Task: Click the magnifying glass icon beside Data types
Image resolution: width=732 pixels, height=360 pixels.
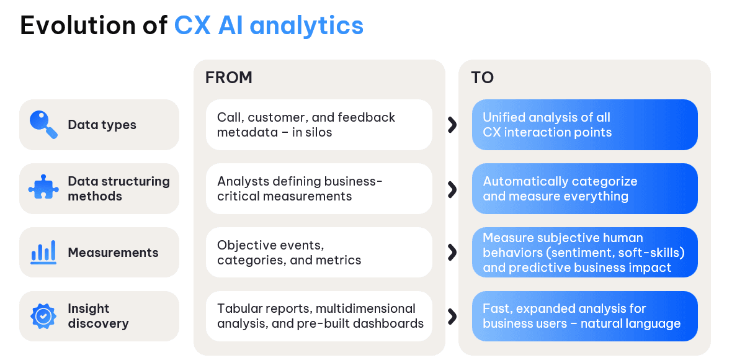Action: [x=43, y=125]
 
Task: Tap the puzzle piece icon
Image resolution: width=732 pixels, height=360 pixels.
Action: [x=43, y=187]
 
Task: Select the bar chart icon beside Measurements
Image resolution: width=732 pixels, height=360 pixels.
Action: [x=43, y=252]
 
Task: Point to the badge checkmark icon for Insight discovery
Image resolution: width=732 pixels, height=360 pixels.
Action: [x=43, y=316]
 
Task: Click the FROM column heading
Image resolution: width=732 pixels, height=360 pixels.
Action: [x=229, y=78]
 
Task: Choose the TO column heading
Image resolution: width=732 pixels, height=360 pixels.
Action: [x=482, y=78]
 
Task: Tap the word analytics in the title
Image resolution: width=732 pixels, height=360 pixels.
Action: [x=306, y=25]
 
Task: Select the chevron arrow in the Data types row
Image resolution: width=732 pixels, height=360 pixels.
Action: [x=452, y=125]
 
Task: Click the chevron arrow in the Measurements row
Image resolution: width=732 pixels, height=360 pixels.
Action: [x=452, y=252]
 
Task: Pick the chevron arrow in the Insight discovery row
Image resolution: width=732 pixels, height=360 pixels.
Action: [x=452, y=316]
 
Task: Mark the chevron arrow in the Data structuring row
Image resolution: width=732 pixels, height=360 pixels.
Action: [x=452, y=189]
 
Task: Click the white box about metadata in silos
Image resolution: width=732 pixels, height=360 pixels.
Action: [x=319, y=125]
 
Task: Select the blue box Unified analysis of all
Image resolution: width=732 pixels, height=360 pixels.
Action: [x=584, y=125]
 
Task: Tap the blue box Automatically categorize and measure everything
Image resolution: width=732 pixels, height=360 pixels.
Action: [x=584, y=189]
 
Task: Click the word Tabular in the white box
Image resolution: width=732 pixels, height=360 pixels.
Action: [x=238, y=308]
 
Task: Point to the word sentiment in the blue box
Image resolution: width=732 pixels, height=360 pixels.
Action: [x=587, y=253]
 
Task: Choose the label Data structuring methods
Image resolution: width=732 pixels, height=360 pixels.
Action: [x=118, y=189]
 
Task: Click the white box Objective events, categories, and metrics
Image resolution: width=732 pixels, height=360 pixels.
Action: [x=319, y=252]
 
